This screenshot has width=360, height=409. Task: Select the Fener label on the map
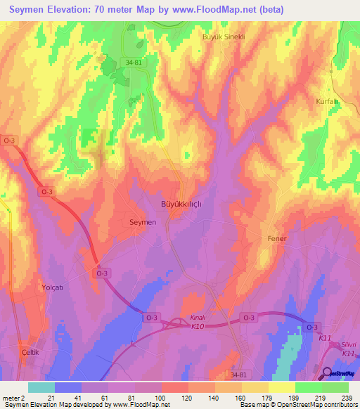click(277, 238)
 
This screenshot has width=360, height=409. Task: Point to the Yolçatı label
click(52, 288)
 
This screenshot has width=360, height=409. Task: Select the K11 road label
click(325, 339)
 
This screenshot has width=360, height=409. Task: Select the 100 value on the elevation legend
click(161, 398)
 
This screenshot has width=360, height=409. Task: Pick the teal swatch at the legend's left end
click(41, 387)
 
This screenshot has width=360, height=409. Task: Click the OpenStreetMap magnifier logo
click(326, 372)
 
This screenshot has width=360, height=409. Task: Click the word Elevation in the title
click(83, 10)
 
